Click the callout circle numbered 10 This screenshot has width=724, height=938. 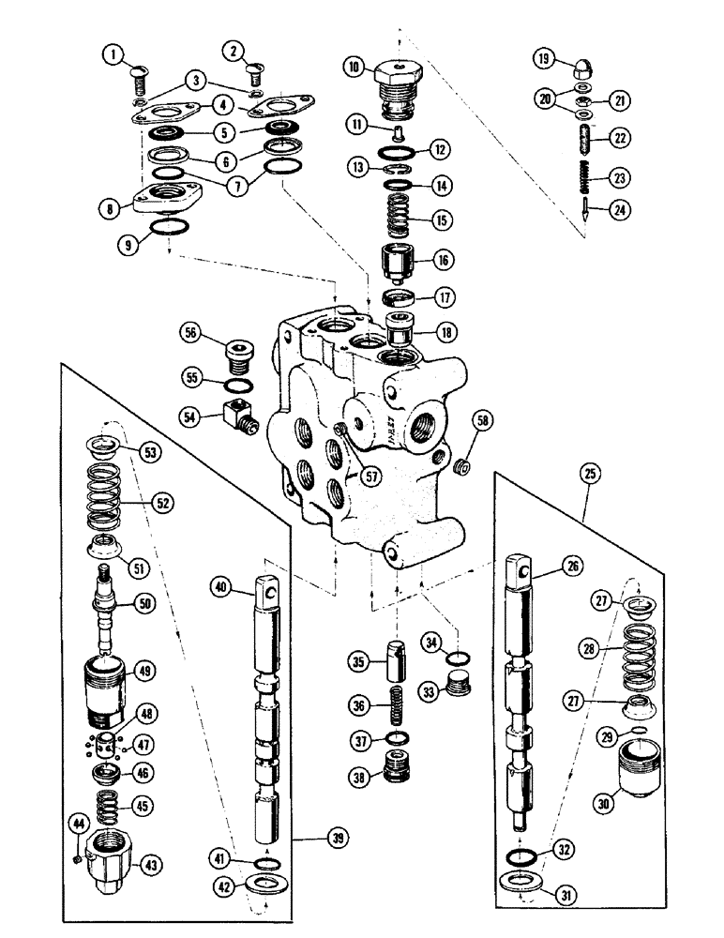coord(354,67)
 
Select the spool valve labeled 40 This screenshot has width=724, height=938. coord(266,722)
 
